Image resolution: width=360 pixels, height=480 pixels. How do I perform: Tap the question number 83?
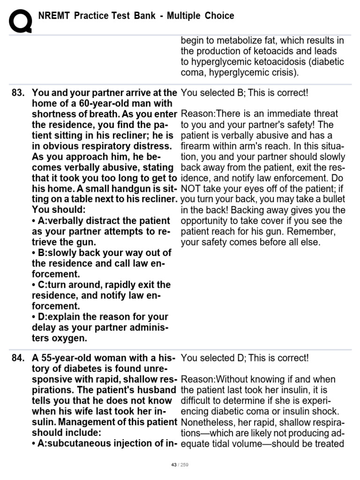pos(18,93)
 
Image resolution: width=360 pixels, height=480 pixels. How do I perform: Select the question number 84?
pos(18,359)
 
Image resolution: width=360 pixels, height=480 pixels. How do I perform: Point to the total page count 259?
pos(184,465)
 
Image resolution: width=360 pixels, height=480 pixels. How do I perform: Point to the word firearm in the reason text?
pos(196,146)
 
